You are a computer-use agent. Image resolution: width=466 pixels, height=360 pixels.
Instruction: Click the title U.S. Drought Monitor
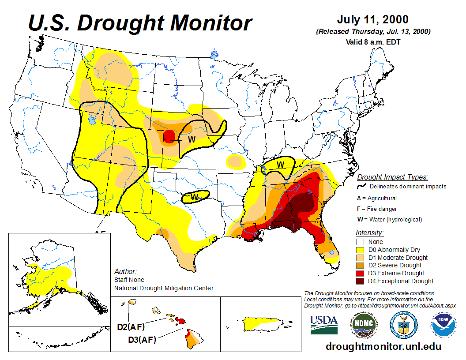pyautogui.click(x=140, y=22)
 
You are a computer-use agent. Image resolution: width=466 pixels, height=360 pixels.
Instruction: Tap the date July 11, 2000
pyautogui.click(x=373, y=20)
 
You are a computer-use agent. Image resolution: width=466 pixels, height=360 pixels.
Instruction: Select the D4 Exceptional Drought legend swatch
pyautogui.click(x=361, y=281)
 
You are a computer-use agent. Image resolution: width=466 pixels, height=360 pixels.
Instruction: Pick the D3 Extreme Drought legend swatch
pyautogui.click(x=361, y=273)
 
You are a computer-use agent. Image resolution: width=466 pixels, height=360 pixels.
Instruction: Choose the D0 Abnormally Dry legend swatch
pyautogui.click(x=361, y=250)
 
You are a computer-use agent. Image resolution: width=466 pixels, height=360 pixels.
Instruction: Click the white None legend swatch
pyautogui.click(x=361, y=242)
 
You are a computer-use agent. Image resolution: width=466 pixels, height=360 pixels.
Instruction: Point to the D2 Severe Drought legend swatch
pyautogui.click(x=361, y=265)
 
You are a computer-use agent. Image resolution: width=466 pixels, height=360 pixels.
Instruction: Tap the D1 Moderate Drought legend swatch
pyautogui.click(x=361, y=258)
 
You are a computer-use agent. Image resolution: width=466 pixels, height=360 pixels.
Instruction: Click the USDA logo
pyautogui.click(x=324, y=325)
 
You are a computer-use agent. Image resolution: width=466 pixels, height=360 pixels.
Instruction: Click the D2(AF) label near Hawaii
pyautogui.click(x=131, y=327)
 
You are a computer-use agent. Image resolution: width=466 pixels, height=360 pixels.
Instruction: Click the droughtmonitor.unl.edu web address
pyautogui.click(x=383, y=346)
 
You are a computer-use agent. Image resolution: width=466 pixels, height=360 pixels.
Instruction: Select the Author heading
pyautogui.click(x=125, y=271)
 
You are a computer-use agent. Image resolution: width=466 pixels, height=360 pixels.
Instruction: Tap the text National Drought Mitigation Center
pyautogui.click(x=164, y=288)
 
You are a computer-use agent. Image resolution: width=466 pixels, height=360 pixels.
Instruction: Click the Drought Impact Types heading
pyautogui.click(x=392, y=177)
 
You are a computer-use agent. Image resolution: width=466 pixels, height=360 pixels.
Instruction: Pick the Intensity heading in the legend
pyautogui.click(x=369, y=232)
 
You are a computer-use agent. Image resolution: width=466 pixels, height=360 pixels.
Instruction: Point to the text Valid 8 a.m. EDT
pyautogui.click(x=373, y=42)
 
